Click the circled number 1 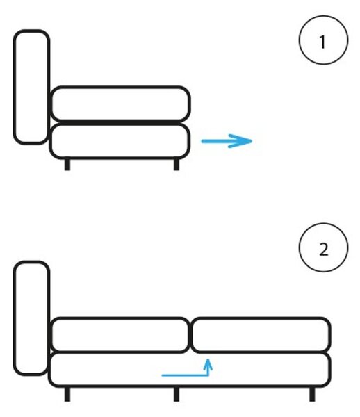tap(323, 40)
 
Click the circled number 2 tap(323, 247)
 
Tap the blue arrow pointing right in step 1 tap(227, 141)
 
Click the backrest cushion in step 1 tap(31, 87)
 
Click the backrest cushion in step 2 tap(31, 318)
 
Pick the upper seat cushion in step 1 tap(120, 104)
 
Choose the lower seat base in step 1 tap(120, 141)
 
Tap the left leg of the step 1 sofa tap(67, 165)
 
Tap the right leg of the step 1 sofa tap(177, 165)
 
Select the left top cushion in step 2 tap(120, 335)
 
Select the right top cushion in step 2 tap(261, 335)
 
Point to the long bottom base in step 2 tap(190, 370)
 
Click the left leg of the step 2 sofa tap(67, 394)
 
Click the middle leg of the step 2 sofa tap(177, 394)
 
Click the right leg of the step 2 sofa tap(312, 394)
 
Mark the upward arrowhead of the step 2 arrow tap(208, 363)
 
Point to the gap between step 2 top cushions tap(190, 335)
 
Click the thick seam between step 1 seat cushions tap(120, 122)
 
